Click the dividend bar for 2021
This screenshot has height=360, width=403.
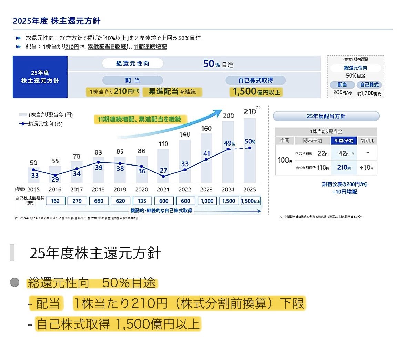[x=163, y=166]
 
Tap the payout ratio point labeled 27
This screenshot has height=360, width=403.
[x=163, y=176]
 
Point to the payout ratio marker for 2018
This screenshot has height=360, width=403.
[x=98, y=162]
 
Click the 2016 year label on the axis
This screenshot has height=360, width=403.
[x=55, y=189]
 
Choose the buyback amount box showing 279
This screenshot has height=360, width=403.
[x=77, y=201]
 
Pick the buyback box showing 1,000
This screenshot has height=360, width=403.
[x=207, y=201]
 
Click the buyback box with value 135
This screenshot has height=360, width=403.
[x=142, y=201]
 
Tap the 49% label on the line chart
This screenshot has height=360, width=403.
[x=229, y=143]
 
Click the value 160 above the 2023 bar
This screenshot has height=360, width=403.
[x=206, y=128]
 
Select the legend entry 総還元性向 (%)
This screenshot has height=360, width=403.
[x=41, y=124]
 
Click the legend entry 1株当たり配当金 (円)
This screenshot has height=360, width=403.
[x=46, y=115]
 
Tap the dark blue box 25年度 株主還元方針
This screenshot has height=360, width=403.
[x=40, y=77]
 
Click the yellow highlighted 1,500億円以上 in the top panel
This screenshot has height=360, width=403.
[x=256, y=92]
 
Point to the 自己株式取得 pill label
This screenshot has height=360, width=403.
[x=255, y=80]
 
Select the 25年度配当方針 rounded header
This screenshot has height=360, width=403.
[x=326, y=116]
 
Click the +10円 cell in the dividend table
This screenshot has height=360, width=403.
[x=366, y=168]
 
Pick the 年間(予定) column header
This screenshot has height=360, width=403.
[x=344, y=141]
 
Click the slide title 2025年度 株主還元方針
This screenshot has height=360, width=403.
[x=57, y=21]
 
